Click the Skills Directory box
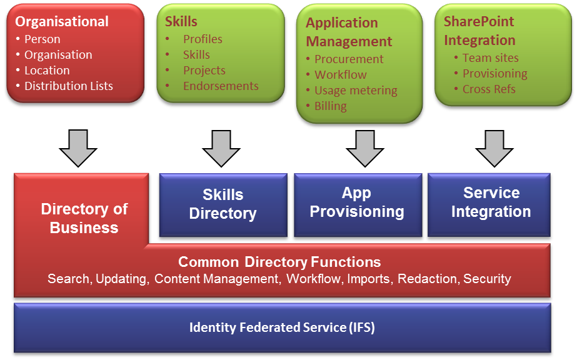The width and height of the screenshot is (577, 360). click(x=223, y=205)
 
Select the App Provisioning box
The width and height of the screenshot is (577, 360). click(x=358, y=205)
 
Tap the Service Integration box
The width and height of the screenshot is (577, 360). click(x=489, y=205)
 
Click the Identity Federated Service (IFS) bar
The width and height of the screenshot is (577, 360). click(x=282, y=327)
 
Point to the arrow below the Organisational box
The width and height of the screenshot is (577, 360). click(x=78, y=148)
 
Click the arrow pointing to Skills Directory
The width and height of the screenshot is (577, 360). click(x=221, y=148)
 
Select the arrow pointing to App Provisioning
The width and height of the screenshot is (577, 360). click(x=364, y=148)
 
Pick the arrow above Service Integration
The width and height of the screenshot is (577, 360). click(x=494, y=148)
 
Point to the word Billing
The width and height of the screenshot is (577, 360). click(x=331, y=106)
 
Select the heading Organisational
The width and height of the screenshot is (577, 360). click(x=62, y=22)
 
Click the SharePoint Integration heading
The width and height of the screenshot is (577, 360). click(x=479, y=31)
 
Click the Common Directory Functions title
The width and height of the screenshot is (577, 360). click(x=279, y=262)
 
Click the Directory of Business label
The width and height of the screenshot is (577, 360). click(x=84, y=218)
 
